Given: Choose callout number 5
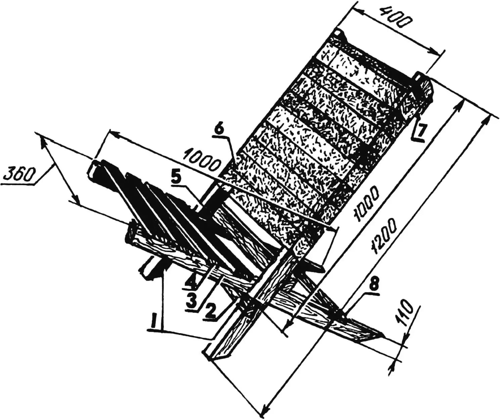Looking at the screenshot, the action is (178, 179).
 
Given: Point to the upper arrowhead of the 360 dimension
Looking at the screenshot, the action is (43, 142).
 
